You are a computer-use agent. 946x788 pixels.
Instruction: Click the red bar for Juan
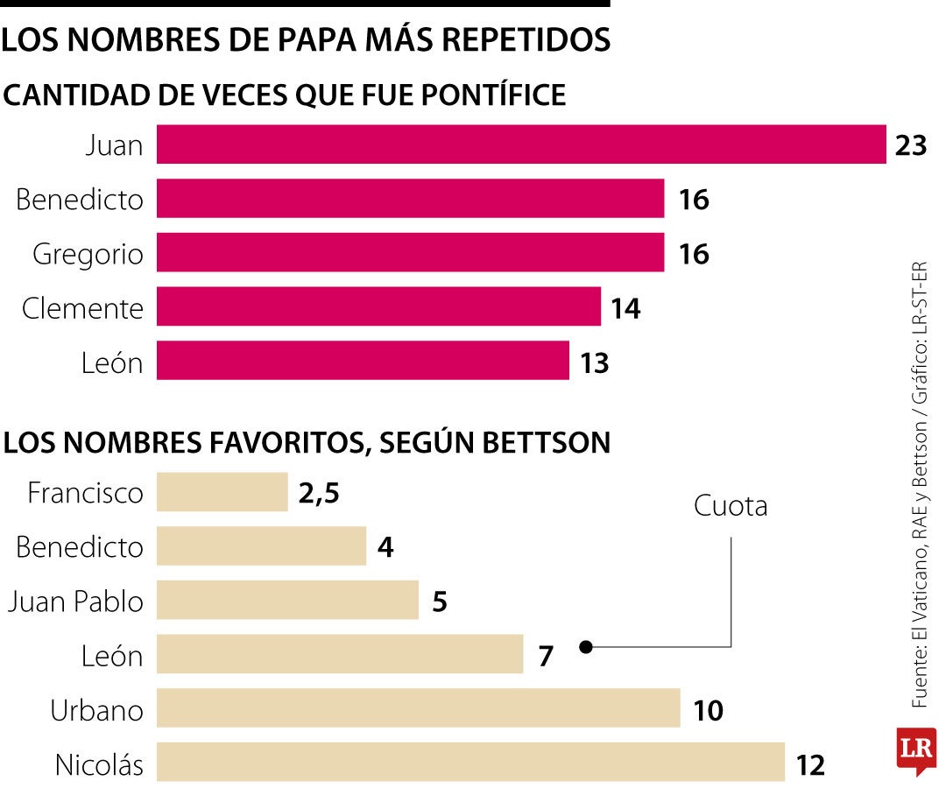[x=521, y=144]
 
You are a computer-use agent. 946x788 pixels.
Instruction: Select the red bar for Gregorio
[x=410, y=253]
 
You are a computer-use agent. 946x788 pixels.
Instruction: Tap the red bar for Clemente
[x=378, y=307]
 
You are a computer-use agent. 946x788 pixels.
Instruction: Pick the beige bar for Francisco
[x=222, y=492]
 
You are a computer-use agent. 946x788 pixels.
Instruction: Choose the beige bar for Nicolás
[x=470, y=762]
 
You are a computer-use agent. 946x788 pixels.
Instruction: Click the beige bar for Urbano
[x=418, y=707]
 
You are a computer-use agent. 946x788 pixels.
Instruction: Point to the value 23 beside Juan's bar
[x=911, y=145]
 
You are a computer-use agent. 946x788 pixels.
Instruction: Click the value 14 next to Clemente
[x=625, y=308]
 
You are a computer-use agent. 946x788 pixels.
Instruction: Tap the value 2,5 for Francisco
[x=318, y=493]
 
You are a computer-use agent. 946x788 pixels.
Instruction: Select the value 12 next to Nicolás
[x=811, y=766]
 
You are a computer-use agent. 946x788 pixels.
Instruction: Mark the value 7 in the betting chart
[x=547, y=656]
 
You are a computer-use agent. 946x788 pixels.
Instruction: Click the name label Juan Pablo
[x=74, y=602]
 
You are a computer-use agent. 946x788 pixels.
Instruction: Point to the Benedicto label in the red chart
[x=80, y=200]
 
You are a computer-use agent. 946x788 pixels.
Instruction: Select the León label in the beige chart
[x=112, y=656]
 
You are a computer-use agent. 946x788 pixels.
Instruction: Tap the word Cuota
[x=730, y=506]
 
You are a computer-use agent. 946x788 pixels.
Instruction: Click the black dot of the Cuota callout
[x=587, y=648]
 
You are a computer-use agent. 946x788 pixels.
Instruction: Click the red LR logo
[x=915, y=749]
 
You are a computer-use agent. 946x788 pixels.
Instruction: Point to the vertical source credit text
[x=919, y=486]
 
